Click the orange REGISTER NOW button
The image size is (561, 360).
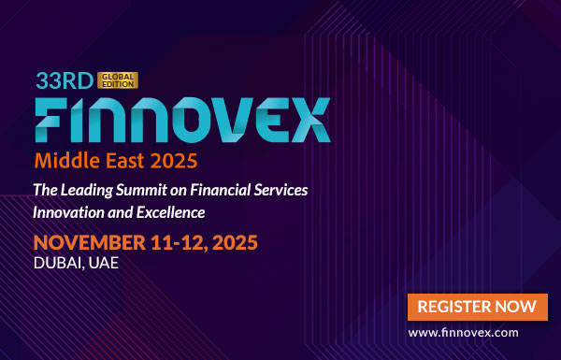tap(477, 306)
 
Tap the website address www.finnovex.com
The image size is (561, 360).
tap(477, 332)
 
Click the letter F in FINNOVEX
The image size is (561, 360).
tap(53, 119)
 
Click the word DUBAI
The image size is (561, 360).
tap(59, 265)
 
